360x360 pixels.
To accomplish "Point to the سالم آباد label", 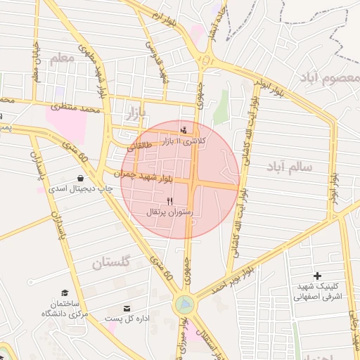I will (289, 167).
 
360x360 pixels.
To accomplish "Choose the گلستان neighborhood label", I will (110, 264).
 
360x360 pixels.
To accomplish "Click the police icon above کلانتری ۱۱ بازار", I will (184, 129).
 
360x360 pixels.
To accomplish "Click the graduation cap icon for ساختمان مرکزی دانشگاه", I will (65, 292).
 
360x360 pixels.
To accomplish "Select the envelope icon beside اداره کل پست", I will (127, 309).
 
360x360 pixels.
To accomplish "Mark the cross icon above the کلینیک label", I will (317, 276).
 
